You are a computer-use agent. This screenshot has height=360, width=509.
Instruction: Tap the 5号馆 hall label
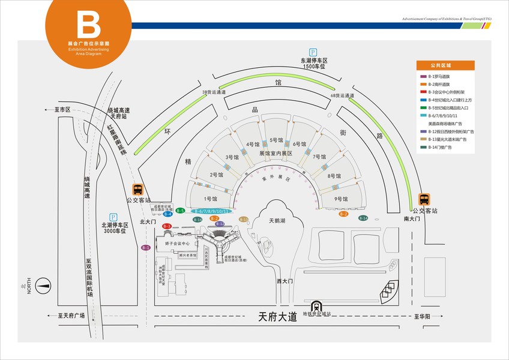(x=277, y=140)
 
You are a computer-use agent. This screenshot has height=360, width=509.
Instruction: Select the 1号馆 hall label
(x=210, y=199)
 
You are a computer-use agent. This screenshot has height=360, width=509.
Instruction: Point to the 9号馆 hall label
(x=341, y=199)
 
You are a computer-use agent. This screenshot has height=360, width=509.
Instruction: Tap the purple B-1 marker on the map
(x=146, y=248)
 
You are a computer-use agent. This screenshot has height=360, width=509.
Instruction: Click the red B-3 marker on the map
(x=167, y=226)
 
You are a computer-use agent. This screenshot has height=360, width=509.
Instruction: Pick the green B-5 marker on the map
(x=180, y=211)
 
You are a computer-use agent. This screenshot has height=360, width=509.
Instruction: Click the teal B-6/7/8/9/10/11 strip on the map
(x=211, y=211)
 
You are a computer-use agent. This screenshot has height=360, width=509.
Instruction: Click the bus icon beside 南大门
(x=424, y=199)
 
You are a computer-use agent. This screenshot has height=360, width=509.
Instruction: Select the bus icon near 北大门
(x=138, y=189)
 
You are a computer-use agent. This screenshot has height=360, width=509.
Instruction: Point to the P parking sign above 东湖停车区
(x=312, y=52)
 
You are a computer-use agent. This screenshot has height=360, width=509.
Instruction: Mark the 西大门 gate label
(x=285, y=281)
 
